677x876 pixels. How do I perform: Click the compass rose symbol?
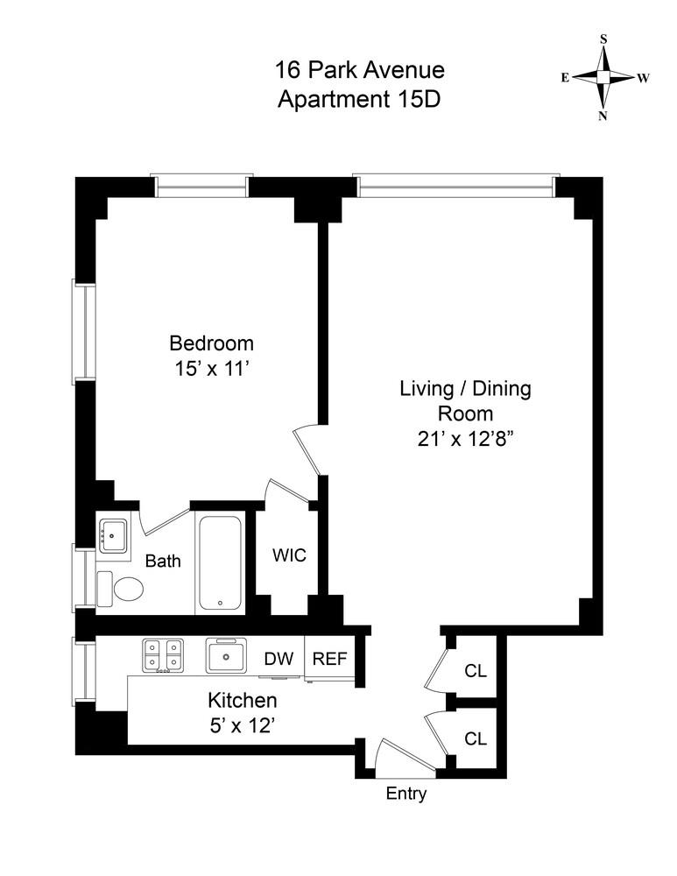(603, 77)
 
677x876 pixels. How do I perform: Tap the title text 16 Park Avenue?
(360, 69)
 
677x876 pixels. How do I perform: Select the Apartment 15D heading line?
(359, 98)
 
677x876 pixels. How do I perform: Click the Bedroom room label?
(211, 343)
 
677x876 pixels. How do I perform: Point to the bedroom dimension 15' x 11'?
(211, 369)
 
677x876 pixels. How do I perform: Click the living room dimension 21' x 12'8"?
(465, 439)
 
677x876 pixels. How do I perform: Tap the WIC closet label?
(289, 556)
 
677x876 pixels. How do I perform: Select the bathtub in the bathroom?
(222, 562)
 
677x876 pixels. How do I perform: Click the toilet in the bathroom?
(121, 588)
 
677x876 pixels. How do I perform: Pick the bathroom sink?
(114, 534)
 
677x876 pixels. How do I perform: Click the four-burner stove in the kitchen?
(164, 655)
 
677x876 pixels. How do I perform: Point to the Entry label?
(407, 795)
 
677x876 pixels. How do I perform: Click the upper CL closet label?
(476, 671)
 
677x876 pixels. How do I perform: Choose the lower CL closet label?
(476, 738)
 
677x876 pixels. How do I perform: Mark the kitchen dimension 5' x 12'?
(242, 726)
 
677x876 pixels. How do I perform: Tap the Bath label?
(163, 561)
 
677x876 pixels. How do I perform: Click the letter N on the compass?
(603, 116)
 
